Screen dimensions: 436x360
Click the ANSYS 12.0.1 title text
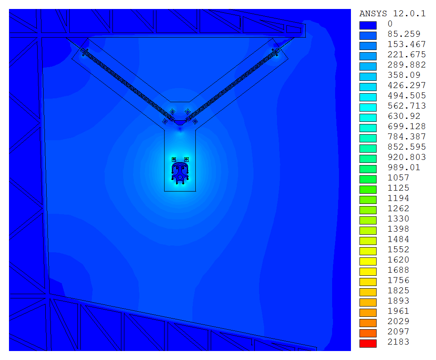coord(392,14)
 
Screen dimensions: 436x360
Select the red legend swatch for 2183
coord(368,343)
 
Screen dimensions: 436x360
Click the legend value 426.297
coord(407,85)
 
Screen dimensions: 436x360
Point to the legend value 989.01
coord(404,167)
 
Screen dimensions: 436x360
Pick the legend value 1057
coord(398,177)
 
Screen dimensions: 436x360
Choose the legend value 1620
coord(398,260)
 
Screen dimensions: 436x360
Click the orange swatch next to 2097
coord(368,333)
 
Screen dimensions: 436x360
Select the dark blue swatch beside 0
coord(368,25)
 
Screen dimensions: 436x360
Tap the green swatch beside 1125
coord(368,189)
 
